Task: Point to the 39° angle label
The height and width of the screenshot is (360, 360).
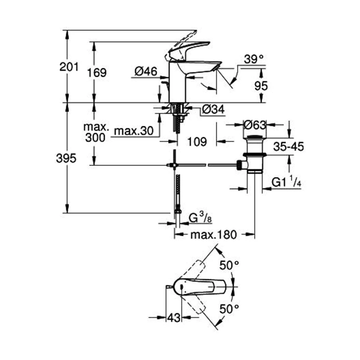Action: coord(253,59)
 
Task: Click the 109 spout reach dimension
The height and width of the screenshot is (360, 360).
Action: coord(198,141)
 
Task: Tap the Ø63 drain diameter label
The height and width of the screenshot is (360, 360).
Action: coord(255,125)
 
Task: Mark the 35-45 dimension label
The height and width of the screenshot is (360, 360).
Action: coord(288,147)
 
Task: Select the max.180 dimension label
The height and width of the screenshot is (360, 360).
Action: coord(213,235)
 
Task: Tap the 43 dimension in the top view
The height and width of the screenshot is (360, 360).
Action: coord(174,318)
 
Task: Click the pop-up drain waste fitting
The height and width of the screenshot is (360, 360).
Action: coord(255,153)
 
